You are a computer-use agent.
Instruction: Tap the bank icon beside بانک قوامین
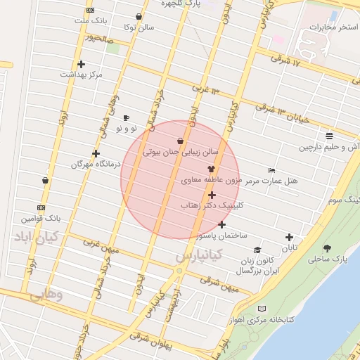(x=41, y=207)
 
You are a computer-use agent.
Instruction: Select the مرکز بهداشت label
(x=81, y=75)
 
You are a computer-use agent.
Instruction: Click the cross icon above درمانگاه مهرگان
(x=96, y=153)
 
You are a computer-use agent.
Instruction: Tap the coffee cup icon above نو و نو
(x=127, y=118)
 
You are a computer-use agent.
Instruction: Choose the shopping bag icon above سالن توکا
(x=139, y=17)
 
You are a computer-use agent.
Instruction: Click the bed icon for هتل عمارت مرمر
(x=271, y=170)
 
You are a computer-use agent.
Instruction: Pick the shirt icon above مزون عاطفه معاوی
(x=211, y=169)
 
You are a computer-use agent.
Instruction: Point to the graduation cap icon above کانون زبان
(x=257, y=250)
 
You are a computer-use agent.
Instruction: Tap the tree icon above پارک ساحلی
(x=327, y=248)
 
